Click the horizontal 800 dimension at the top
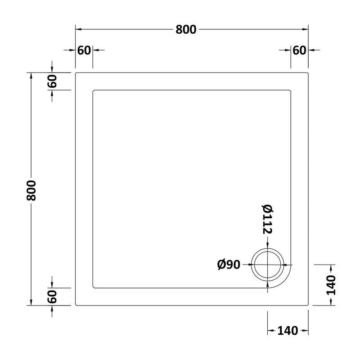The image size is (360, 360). coord(186,30)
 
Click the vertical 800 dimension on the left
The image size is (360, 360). coord(31,190)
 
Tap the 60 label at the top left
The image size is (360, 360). coord(84,50)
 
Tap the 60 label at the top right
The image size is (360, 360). coord(299,50)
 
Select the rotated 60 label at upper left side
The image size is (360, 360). coord(52,81)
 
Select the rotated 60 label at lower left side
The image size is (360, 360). coord(52,297)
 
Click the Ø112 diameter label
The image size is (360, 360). coord(267,219)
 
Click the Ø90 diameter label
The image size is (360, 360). coord(229,265)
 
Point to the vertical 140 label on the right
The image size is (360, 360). coord(331,285)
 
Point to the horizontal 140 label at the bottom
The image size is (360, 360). coord(288,331)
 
